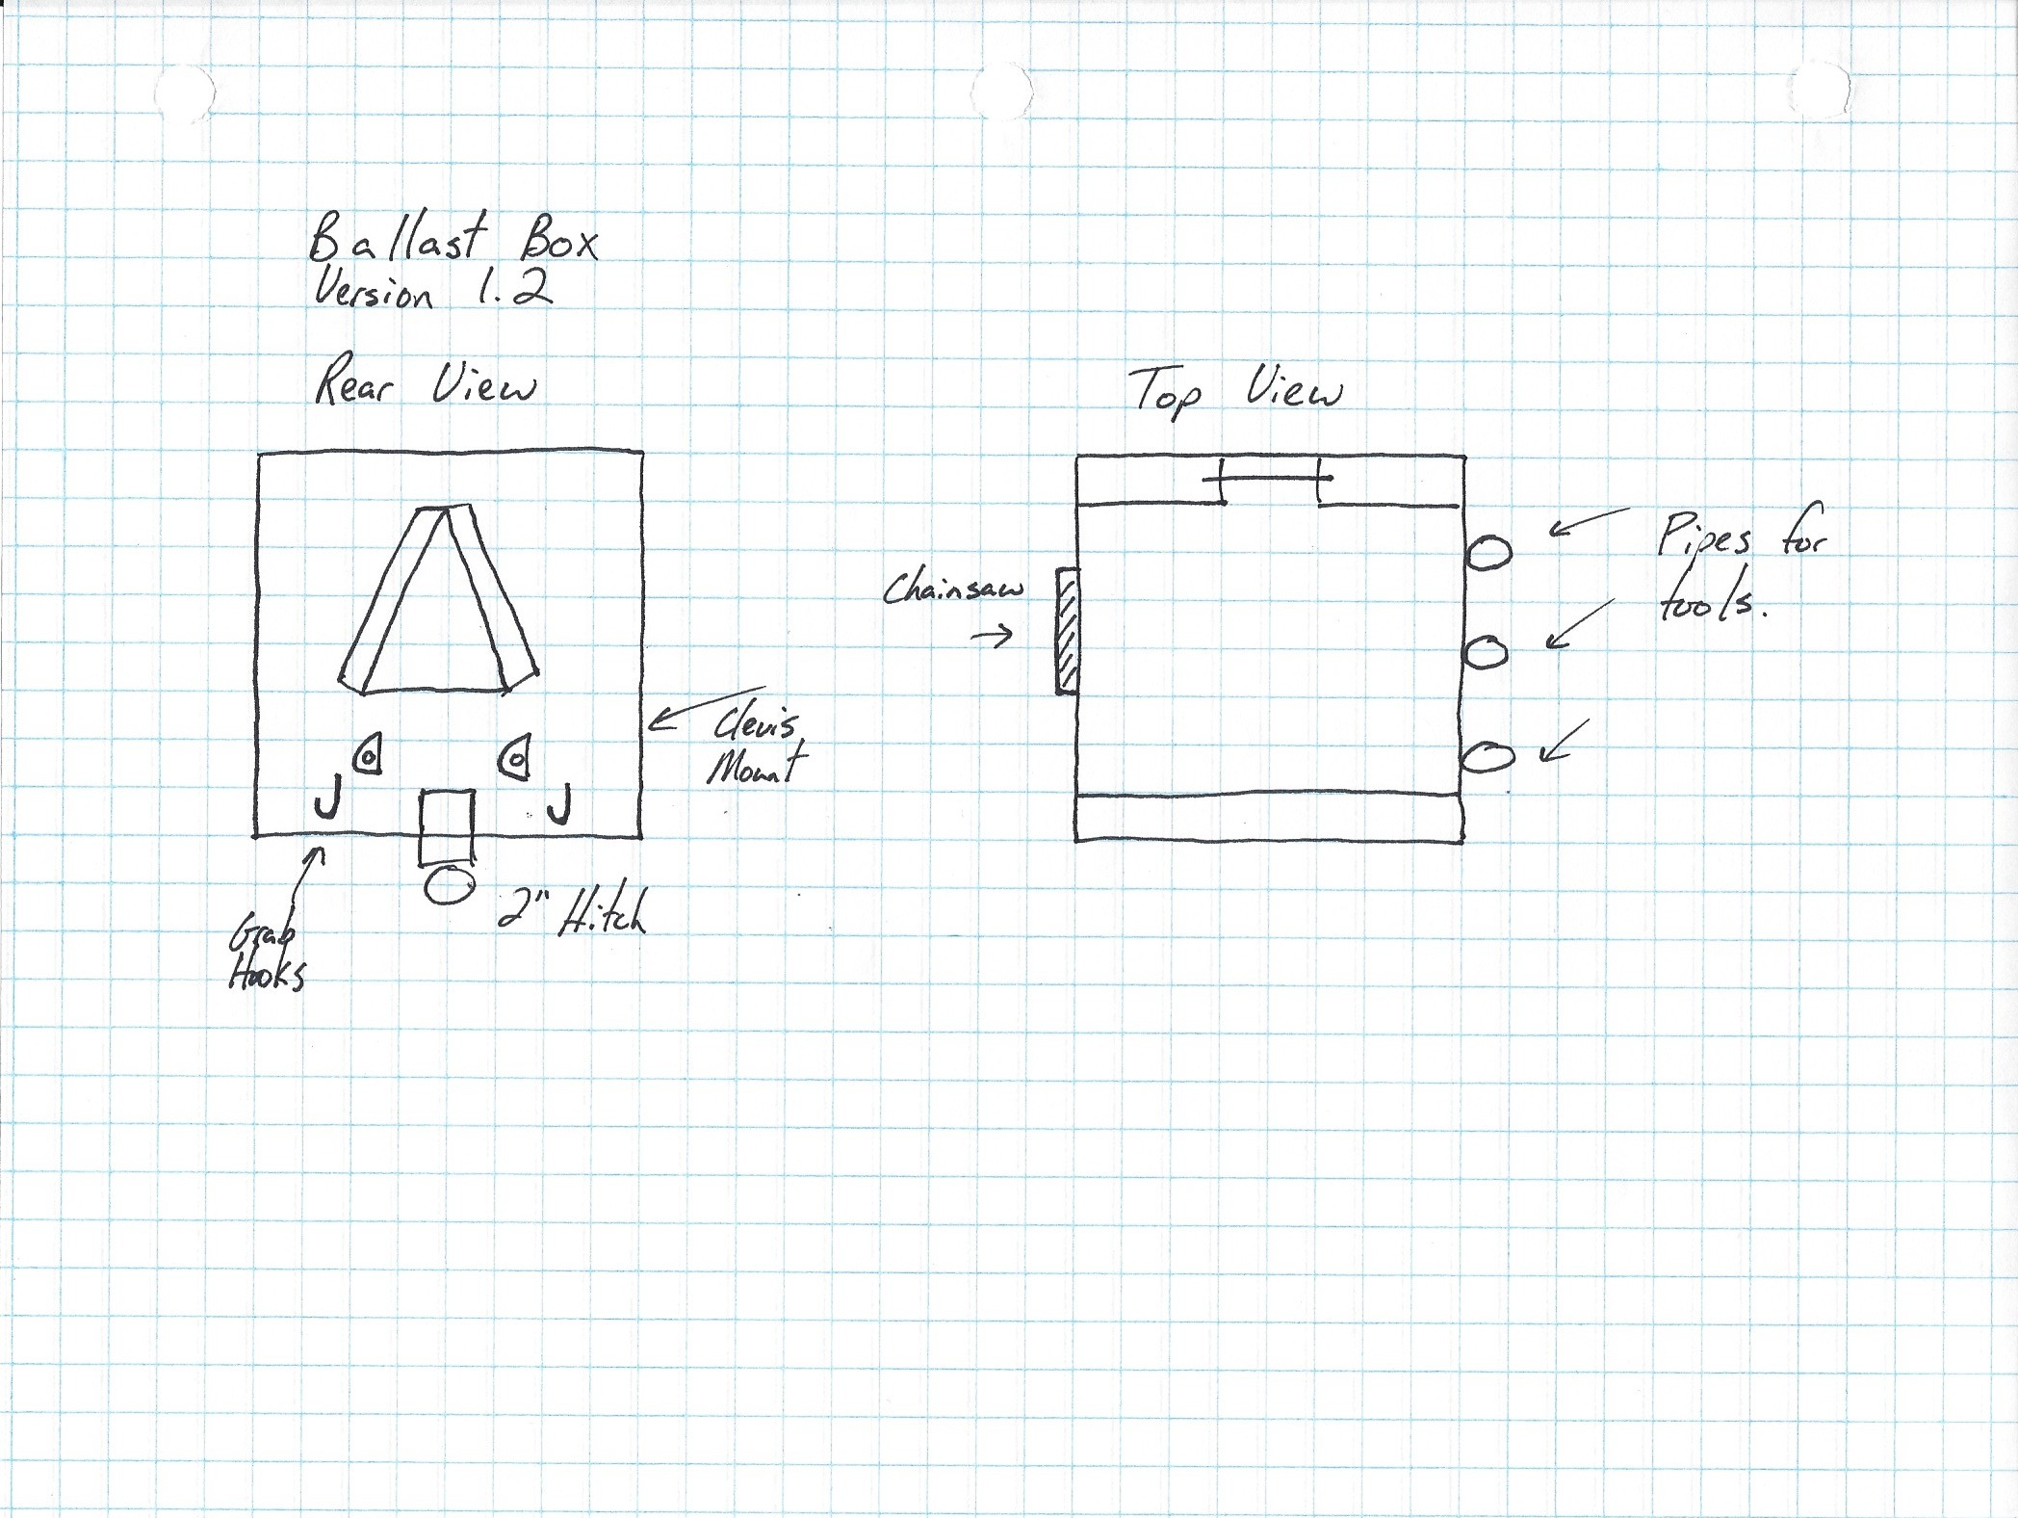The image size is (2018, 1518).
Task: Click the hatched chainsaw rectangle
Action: tap(1068, 630)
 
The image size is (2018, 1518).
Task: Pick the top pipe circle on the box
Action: tap(1488, 553)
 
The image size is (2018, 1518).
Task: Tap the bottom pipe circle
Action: tap(1488, 756)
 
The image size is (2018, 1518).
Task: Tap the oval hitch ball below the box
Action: tap(448, 884)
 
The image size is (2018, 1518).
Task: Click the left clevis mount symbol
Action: tap(369, 754)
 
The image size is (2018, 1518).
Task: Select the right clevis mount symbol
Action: tap(515, 756)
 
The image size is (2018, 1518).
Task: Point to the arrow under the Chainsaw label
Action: tap(993, 635)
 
